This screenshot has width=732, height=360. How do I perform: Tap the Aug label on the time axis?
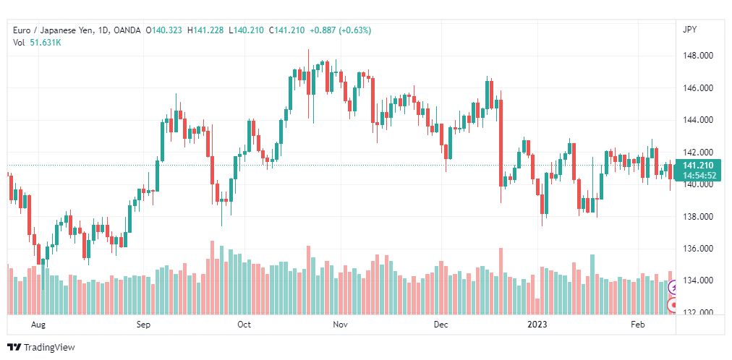pos(38,325)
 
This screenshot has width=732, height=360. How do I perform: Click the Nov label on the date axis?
pos(341,325)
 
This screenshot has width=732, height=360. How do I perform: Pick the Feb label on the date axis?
pos(638,325)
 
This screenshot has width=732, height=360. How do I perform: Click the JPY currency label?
pos(689,30)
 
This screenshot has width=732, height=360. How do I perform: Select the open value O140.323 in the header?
pos(164,30)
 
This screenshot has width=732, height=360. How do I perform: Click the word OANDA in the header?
pos(127,30)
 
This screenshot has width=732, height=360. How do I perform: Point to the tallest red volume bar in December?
pos(501,281)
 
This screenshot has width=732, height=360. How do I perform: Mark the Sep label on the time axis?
pos(143,325)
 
